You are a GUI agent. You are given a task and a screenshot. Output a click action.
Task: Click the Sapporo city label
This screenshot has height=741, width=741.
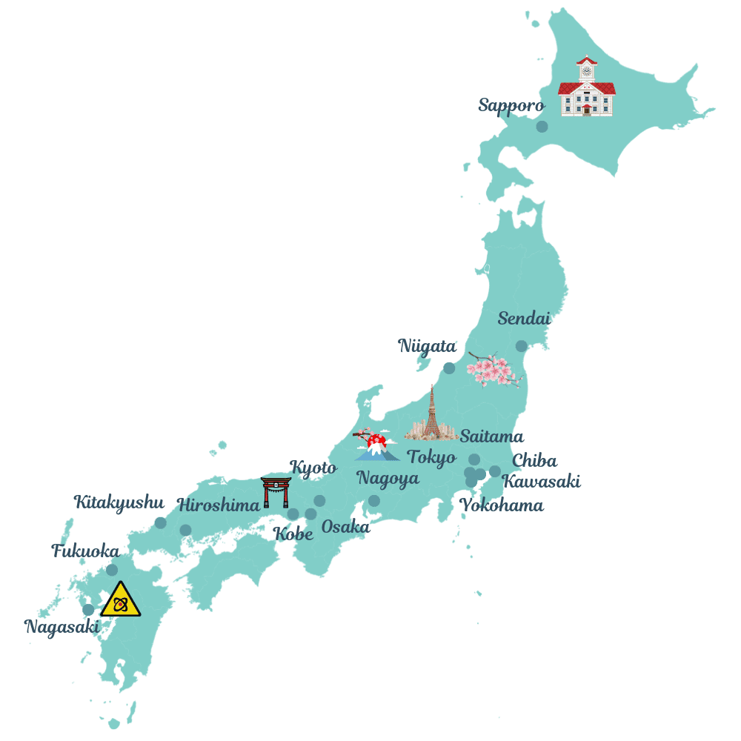pos(511,105)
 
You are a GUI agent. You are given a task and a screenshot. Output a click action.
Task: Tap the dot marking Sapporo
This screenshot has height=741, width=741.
pos(542,127)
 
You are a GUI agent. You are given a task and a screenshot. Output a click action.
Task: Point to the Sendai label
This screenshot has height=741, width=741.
pos(524,319)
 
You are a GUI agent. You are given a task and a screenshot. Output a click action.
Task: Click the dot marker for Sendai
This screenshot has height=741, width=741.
pos(522,346)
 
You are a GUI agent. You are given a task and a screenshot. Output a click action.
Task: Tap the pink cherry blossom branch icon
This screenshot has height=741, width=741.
pos(492,369)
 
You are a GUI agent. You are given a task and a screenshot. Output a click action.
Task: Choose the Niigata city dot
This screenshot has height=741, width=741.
pos(449,368)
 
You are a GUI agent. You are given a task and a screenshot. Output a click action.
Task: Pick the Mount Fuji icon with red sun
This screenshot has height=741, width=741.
pos(377,445)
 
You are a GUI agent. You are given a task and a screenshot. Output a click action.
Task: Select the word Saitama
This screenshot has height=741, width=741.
pos(491,436)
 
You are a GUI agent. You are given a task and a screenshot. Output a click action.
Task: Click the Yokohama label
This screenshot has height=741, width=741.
pos(502,506)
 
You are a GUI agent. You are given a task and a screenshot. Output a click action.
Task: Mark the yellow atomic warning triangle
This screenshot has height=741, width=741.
pos(121,601)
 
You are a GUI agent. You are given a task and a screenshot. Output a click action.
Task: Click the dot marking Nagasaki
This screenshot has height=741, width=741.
pos(88,610)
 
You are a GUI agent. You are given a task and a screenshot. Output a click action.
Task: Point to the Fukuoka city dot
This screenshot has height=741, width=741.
pos(112,570)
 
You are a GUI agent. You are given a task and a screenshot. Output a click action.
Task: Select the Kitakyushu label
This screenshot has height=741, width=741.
pos(119,502)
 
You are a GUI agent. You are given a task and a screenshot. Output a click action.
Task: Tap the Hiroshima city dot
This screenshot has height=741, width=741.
pos(185,530)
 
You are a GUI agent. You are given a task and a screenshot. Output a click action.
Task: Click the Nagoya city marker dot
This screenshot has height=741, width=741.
pos(374,501)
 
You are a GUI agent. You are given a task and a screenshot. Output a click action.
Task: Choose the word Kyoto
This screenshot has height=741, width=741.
pos(313,468)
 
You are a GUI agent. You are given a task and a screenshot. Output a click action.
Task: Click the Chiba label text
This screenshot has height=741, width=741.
pos(534,461)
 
